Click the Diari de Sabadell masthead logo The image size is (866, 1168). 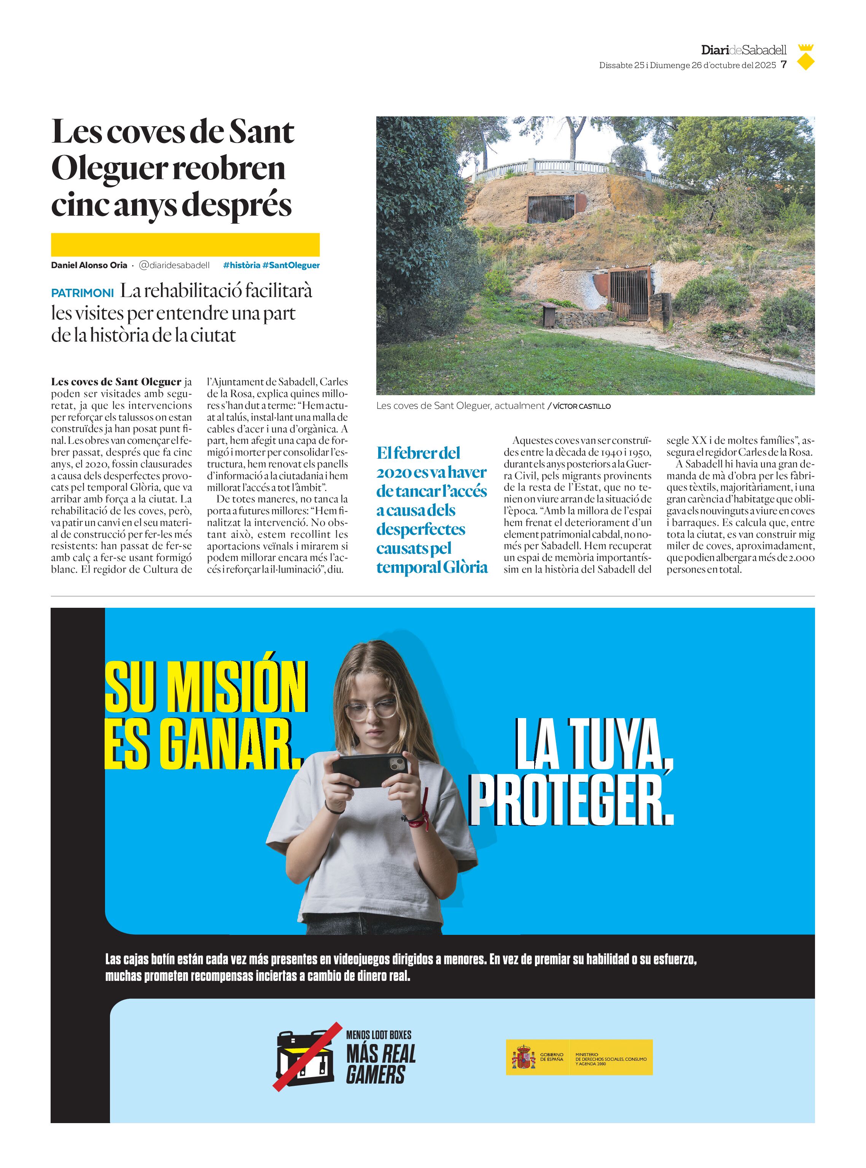coord(743,50)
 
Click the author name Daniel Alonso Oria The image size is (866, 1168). coord(89,265)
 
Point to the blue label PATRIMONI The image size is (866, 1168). coord(82,293)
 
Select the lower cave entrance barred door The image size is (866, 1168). coord(629,294)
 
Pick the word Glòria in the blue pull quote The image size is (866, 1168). coord(463,567)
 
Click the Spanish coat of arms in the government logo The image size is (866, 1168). coord(523,1057)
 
